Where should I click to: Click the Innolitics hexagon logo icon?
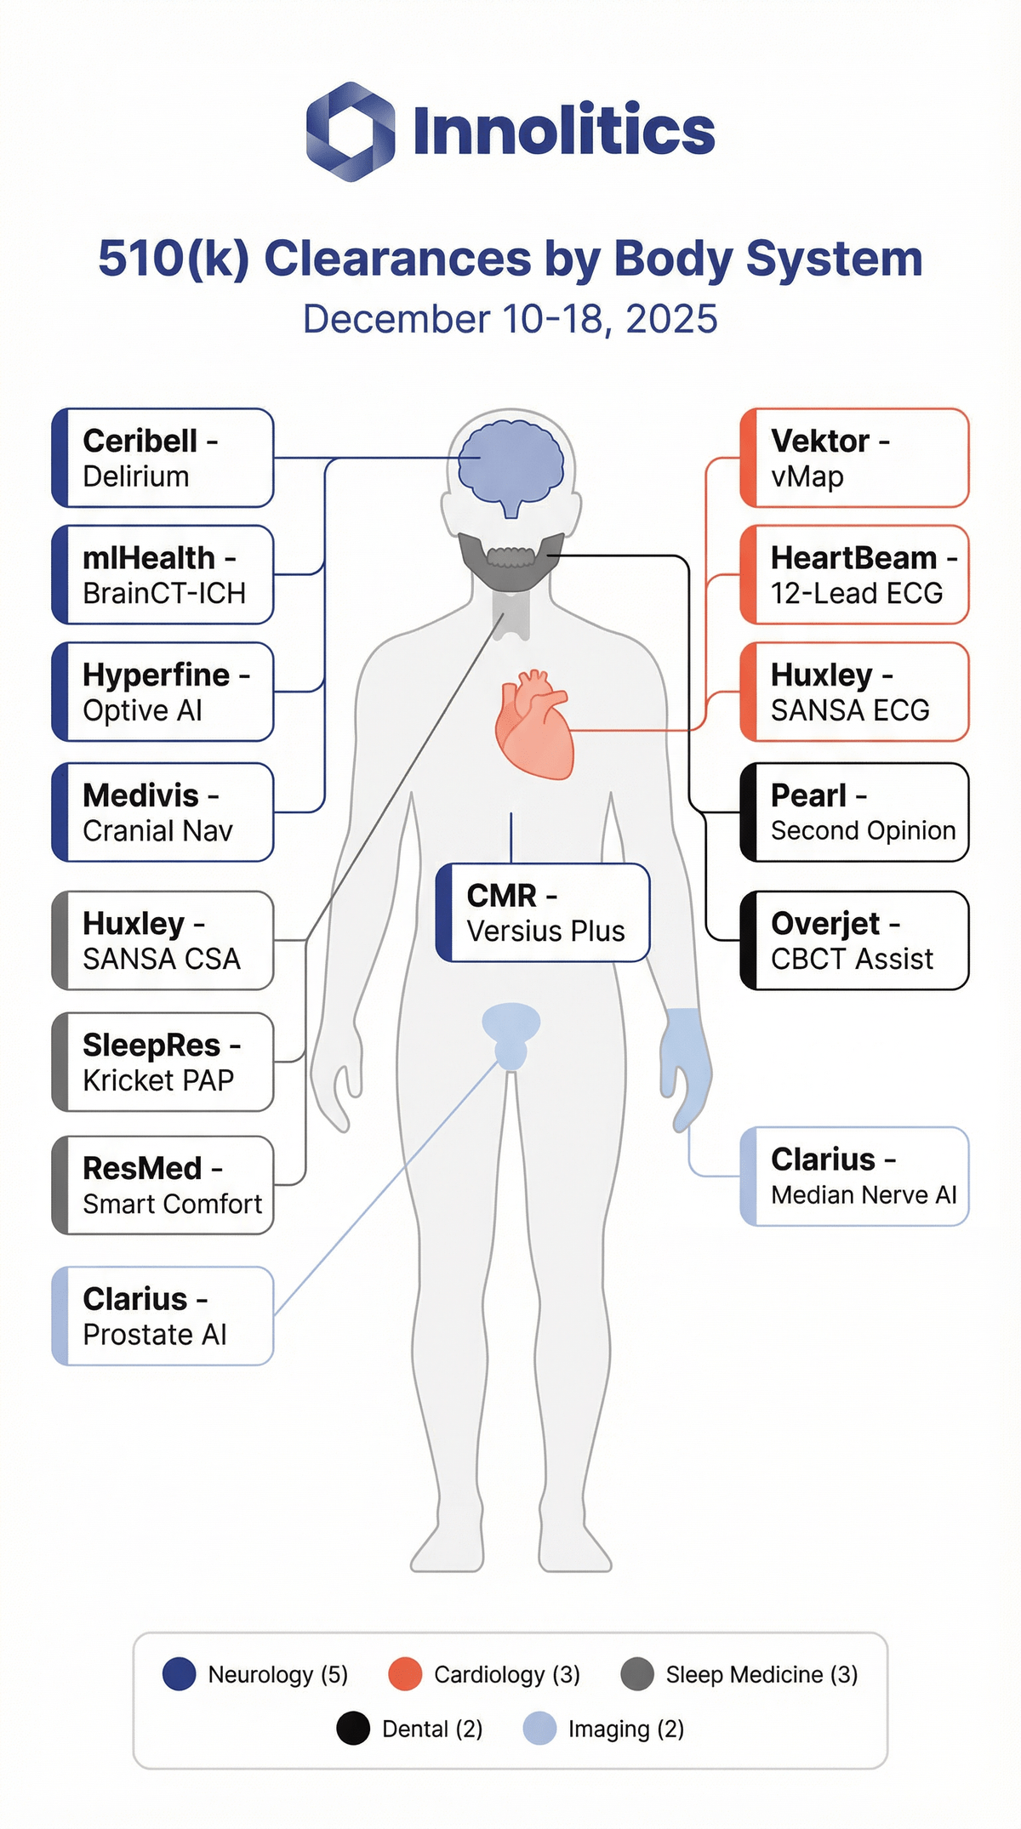point(350,132)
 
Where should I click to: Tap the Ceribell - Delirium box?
point(163,459)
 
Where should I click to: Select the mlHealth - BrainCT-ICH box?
point(163,575)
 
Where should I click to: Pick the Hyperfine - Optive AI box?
point(163,692)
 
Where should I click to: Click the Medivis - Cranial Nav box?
point(163,812)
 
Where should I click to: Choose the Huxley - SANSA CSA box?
point(163,941)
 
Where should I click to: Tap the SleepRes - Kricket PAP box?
point(163,1063)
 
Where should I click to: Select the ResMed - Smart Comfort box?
point(163,1186)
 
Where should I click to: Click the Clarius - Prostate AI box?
point(163,1317)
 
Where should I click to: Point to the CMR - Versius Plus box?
point(543,914)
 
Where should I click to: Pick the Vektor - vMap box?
point(854,459)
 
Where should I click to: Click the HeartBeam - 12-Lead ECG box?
point(854,575)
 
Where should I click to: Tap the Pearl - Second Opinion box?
point(854,812)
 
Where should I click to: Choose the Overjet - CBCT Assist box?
point(854,941)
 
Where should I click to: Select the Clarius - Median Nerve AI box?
point(854,1177)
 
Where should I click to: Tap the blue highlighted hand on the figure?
point(684,1059)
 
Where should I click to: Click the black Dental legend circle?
point(353,1729)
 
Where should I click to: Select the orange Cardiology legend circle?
point(405,1674)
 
